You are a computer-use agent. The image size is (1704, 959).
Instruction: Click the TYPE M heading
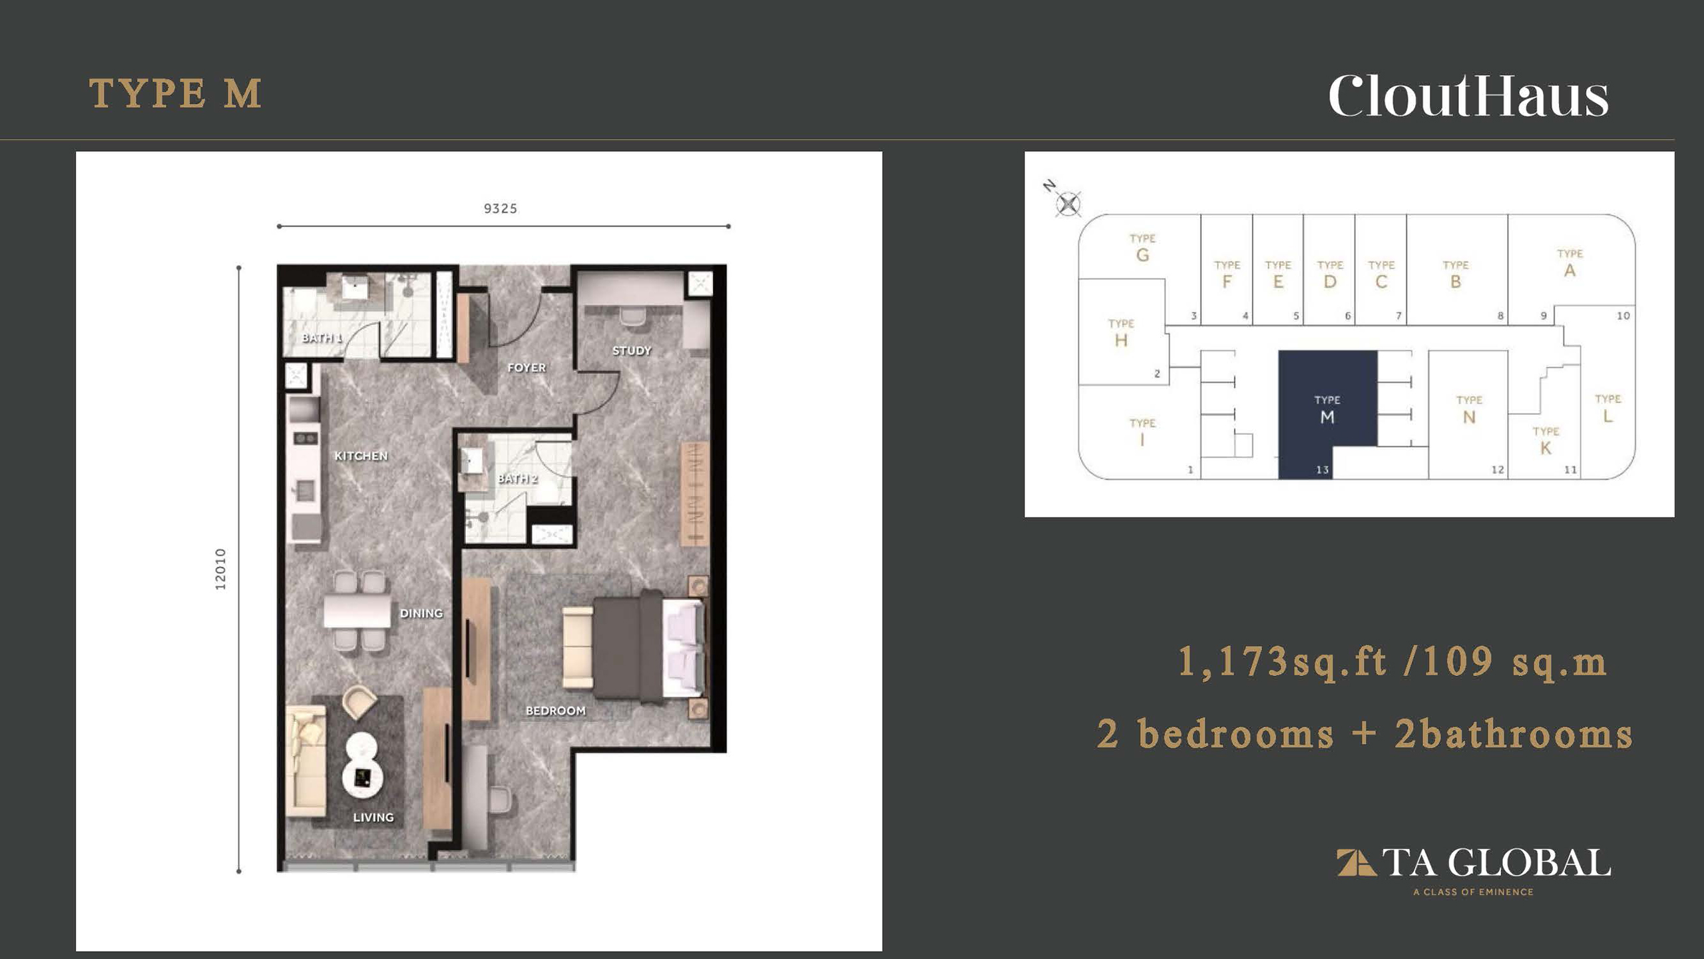click(x=175, y=93)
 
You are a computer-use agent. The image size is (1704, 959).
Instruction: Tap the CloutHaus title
click(x=1468, y=97)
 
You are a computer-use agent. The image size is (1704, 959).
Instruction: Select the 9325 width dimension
click(x=501, y=208)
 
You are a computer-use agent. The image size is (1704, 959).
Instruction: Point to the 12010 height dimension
click(x=220, y=569)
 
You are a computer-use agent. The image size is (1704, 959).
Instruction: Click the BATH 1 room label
click(x=321, y=338)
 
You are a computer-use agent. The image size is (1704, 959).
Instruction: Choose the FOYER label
click(x=527, y=368)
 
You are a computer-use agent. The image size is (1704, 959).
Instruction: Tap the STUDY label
click(x=632, y=350)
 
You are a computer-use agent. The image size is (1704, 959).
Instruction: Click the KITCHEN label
click(x=361, y=456)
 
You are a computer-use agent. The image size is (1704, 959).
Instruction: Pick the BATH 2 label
click(x=518, y=478)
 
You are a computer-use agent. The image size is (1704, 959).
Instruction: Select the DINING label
click(x=421, y=613)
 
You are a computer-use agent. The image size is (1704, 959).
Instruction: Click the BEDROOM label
click(x=556, y=711)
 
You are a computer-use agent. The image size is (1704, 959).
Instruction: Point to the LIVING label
click(x=373, y=817)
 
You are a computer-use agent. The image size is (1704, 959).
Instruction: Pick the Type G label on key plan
click(x=1143, y=248)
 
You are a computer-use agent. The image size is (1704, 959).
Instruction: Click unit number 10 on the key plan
click(x=1623, y=316)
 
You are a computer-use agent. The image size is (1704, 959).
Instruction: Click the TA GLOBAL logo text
click(x=1496, y=863)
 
